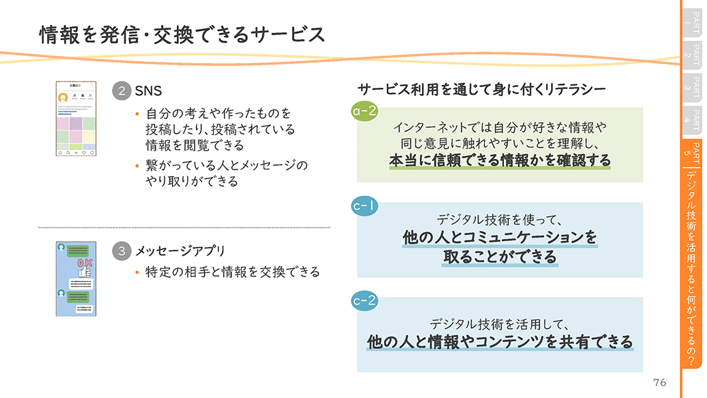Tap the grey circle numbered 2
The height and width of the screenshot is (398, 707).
(x=122, y=91)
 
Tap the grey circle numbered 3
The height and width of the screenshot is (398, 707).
(x=122, y=250)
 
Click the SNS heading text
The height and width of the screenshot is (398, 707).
(x=148, y=91)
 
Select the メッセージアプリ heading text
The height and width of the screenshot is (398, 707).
(x=180, y=250)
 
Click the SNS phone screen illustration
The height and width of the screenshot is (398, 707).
(x=75, y=119)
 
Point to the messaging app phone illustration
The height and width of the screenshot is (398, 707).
(x=75, y=278)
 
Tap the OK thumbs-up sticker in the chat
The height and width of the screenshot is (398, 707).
(x=86, y=267)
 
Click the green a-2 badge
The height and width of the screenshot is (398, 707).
(x=364, y=111)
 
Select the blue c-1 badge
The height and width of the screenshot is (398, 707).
(x=364, y=206)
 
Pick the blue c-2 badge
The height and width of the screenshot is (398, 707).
(x=364, y=301)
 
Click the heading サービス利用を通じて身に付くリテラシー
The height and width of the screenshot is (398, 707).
(x=482, y=89)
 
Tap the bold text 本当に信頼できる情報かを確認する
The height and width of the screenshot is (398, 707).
(x=500, y=161)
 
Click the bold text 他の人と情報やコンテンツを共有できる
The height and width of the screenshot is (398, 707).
(x=500, y=341)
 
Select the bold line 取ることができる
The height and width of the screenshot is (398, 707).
(x=500, y=257)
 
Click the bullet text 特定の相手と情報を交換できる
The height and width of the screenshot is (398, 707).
(x=233, y=272)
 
